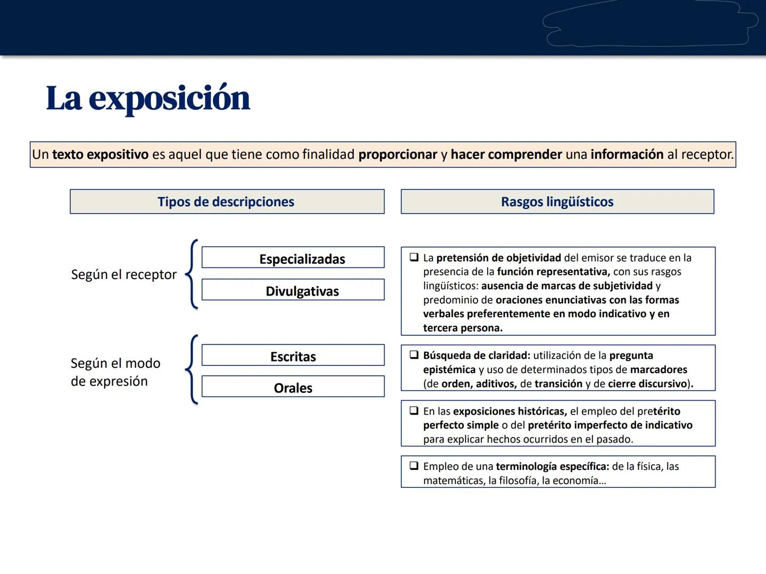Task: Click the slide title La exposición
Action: (x=148, y=98)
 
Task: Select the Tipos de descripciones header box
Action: (x=227, y=202)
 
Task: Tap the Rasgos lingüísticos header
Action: (x=557, y=202)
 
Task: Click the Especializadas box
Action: (x=293, y=258)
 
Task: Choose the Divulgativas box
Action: (x=293, y=290)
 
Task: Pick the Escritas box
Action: (x=293, y=356)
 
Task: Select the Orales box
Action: (x=293, y=387)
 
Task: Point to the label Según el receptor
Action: (x=124, y=274)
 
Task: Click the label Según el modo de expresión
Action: (x=115, y=372)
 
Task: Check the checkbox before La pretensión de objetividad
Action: (x=414, y=257)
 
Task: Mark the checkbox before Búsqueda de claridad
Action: (x=414, y=355)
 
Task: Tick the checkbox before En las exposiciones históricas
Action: (x=414, y=411)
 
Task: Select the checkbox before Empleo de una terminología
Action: (x=414, y=466)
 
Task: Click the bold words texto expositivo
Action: (x=100, y=155)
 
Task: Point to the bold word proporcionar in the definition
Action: (x=397, y=155)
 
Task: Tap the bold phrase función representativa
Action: (x=553, y=272)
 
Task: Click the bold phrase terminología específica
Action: (x=552, y=467)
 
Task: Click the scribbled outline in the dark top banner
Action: (x=649, y=24)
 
